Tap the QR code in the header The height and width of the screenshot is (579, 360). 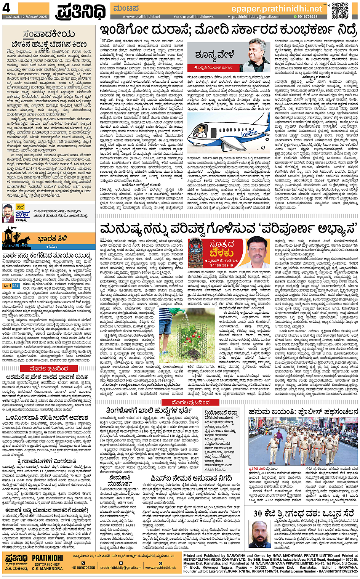click(x=339, y=10)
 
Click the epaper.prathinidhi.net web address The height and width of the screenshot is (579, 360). click(x=277, y=8)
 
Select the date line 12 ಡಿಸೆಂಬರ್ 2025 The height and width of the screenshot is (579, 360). click(x=24, y=17)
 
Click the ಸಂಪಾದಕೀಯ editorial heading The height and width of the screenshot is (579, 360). click(x=49, y=34)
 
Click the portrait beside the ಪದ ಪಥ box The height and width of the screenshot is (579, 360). click(x=8, y=213)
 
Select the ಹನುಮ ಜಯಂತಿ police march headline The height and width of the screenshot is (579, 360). click(x=303, y=411)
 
